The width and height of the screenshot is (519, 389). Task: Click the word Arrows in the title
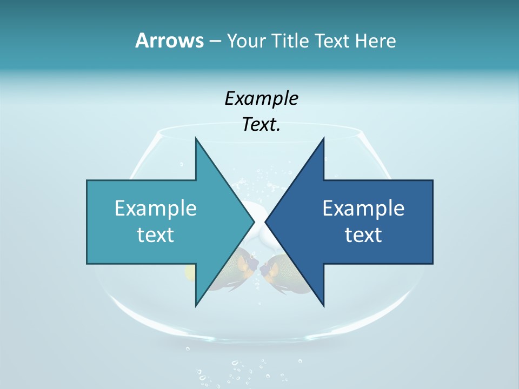(x=169, y=41)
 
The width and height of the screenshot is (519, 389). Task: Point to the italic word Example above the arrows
(x=261, y=98)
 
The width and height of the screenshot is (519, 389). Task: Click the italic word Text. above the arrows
(x=261, y=125)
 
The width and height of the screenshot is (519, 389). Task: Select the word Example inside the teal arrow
(x=156, y=208)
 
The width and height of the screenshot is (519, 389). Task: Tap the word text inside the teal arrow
(x=156, y=234)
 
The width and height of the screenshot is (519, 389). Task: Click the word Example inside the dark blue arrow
(x=363, y=208)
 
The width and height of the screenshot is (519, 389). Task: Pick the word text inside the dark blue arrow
(x=363, y=234)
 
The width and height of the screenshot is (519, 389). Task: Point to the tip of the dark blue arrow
(x=266, y=222)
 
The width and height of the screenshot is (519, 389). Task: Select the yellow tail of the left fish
(x=190, y=272)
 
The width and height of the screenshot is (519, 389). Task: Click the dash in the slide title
(x=215, y=41)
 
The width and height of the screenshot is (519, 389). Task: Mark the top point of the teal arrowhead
(x=196, y=138)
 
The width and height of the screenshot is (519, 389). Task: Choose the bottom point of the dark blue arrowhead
(x=323, y=305)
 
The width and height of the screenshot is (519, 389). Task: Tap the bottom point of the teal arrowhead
(x=196, y=305)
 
